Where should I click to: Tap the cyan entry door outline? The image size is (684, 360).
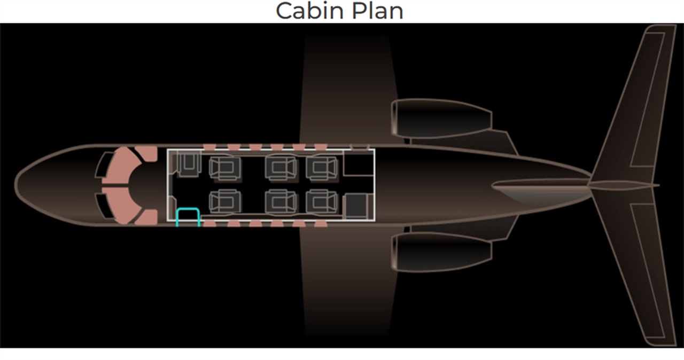tap(188, 216)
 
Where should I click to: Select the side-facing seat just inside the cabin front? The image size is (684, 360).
tap(188, 164)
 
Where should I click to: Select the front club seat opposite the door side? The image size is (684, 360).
tap(225, 168)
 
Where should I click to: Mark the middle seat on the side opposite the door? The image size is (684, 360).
tap(281, 168)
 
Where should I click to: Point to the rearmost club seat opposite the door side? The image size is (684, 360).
tap(322, 168)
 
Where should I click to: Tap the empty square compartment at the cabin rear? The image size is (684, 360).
tap(357, 162)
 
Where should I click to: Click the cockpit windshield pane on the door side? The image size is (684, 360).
tap(105, 206)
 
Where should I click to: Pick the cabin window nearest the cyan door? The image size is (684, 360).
tap(210, 224)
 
